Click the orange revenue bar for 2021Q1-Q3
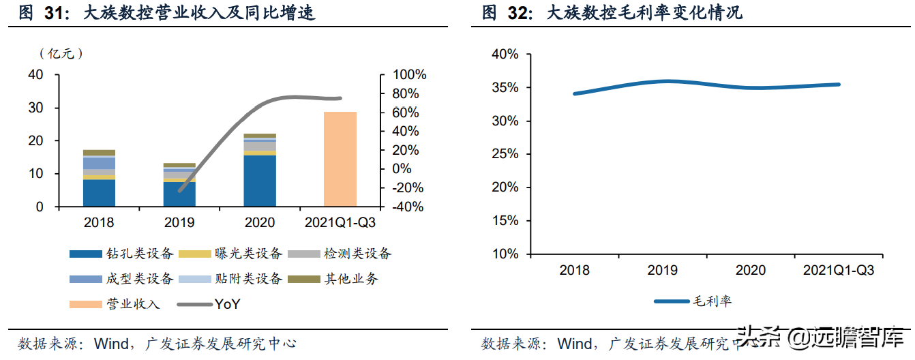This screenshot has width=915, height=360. pyautogui.click(x=340, y=159)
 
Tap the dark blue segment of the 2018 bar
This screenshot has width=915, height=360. pyautogui.click(x=99, y=192)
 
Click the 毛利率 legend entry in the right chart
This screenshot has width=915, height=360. pyautogui.click(x=712, y=301)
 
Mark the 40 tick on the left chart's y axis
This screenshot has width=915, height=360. pyautogui.click(x=35, y=75)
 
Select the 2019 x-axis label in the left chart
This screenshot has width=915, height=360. pyautogui.click(x=179, y=223)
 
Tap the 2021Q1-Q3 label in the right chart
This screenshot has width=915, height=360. pyautogui.click(x=839, y=271)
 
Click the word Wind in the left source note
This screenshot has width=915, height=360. pyautogui.click(x=110, y=343)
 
